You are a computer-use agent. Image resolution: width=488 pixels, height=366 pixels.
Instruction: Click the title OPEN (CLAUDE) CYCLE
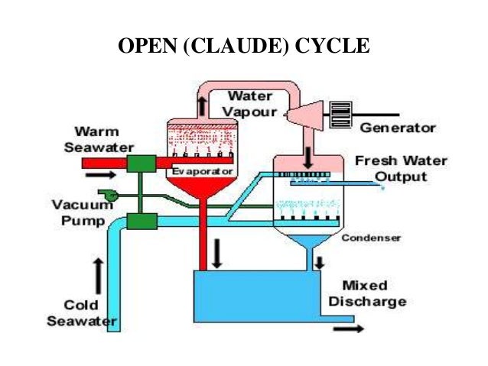(243, 47)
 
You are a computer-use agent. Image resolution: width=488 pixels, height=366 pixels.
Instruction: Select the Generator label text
(398, 128)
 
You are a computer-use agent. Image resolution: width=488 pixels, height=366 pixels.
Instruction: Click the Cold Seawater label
(81, 313)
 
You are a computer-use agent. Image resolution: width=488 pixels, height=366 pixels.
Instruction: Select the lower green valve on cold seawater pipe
(142, 222)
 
